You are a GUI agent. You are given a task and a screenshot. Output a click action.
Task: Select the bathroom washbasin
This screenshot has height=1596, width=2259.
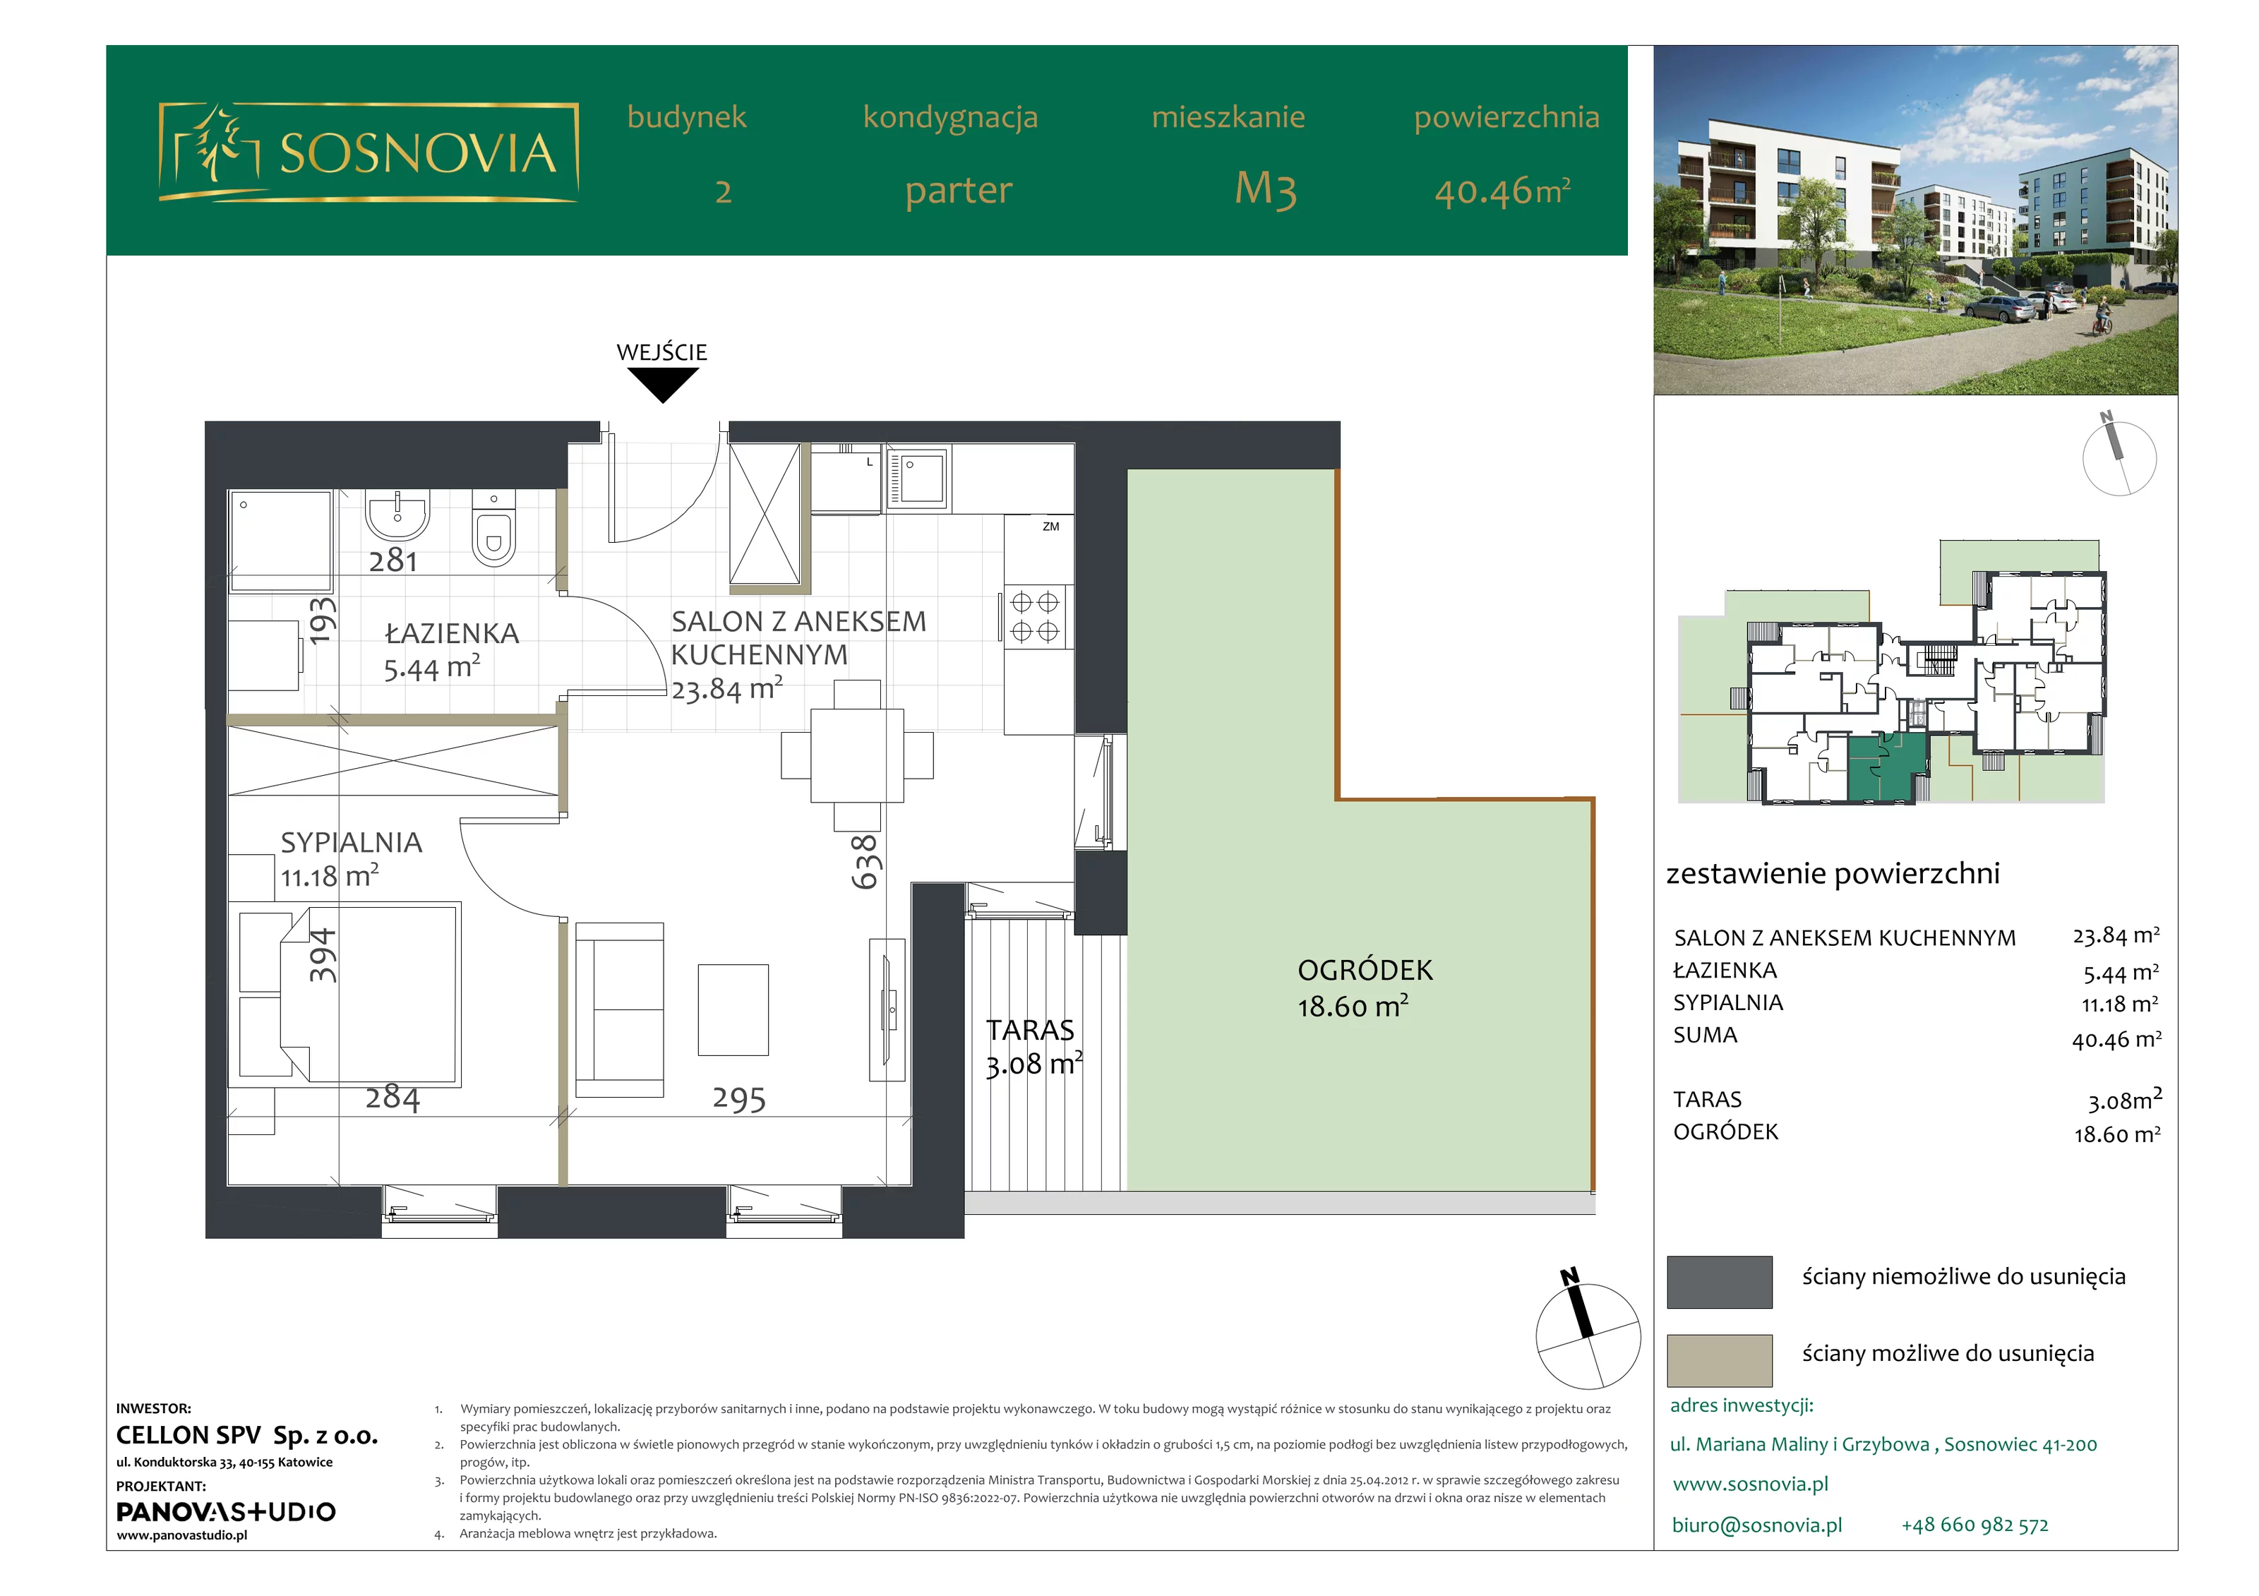point(397,515)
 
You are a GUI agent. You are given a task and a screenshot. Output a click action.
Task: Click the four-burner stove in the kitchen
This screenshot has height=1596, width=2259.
point(1034,617)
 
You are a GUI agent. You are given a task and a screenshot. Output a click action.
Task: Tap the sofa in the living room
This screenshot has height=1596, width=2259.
point(619,1009)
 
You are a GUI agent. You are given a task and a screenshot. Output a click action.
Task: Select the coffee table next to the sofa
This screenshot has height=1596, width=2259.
point(733,1009)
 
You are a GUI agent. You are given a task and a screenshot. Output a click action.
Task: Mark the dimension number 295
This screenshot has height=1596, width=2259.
point(739,1098)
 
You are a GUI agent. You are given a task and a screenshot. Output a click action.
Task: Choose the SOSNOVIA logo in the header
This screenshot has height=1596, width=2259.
point(368,152)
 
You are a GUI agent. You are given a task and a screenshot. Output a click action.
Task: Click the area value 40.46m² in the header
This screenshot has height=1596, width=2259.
point(1502,190)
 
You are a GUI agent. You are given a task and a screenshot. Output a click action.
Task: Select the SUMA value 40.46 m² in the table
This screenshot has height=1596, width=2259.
point(2116,1038)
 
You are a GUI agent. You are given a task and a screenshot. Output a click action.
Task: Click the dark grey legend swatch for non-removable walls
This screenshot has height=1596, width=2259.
point(1719,1281)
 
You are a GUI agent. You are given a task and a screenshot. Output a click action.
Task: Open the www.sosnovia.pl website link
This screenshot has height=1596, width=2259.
point(1750,1484)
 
